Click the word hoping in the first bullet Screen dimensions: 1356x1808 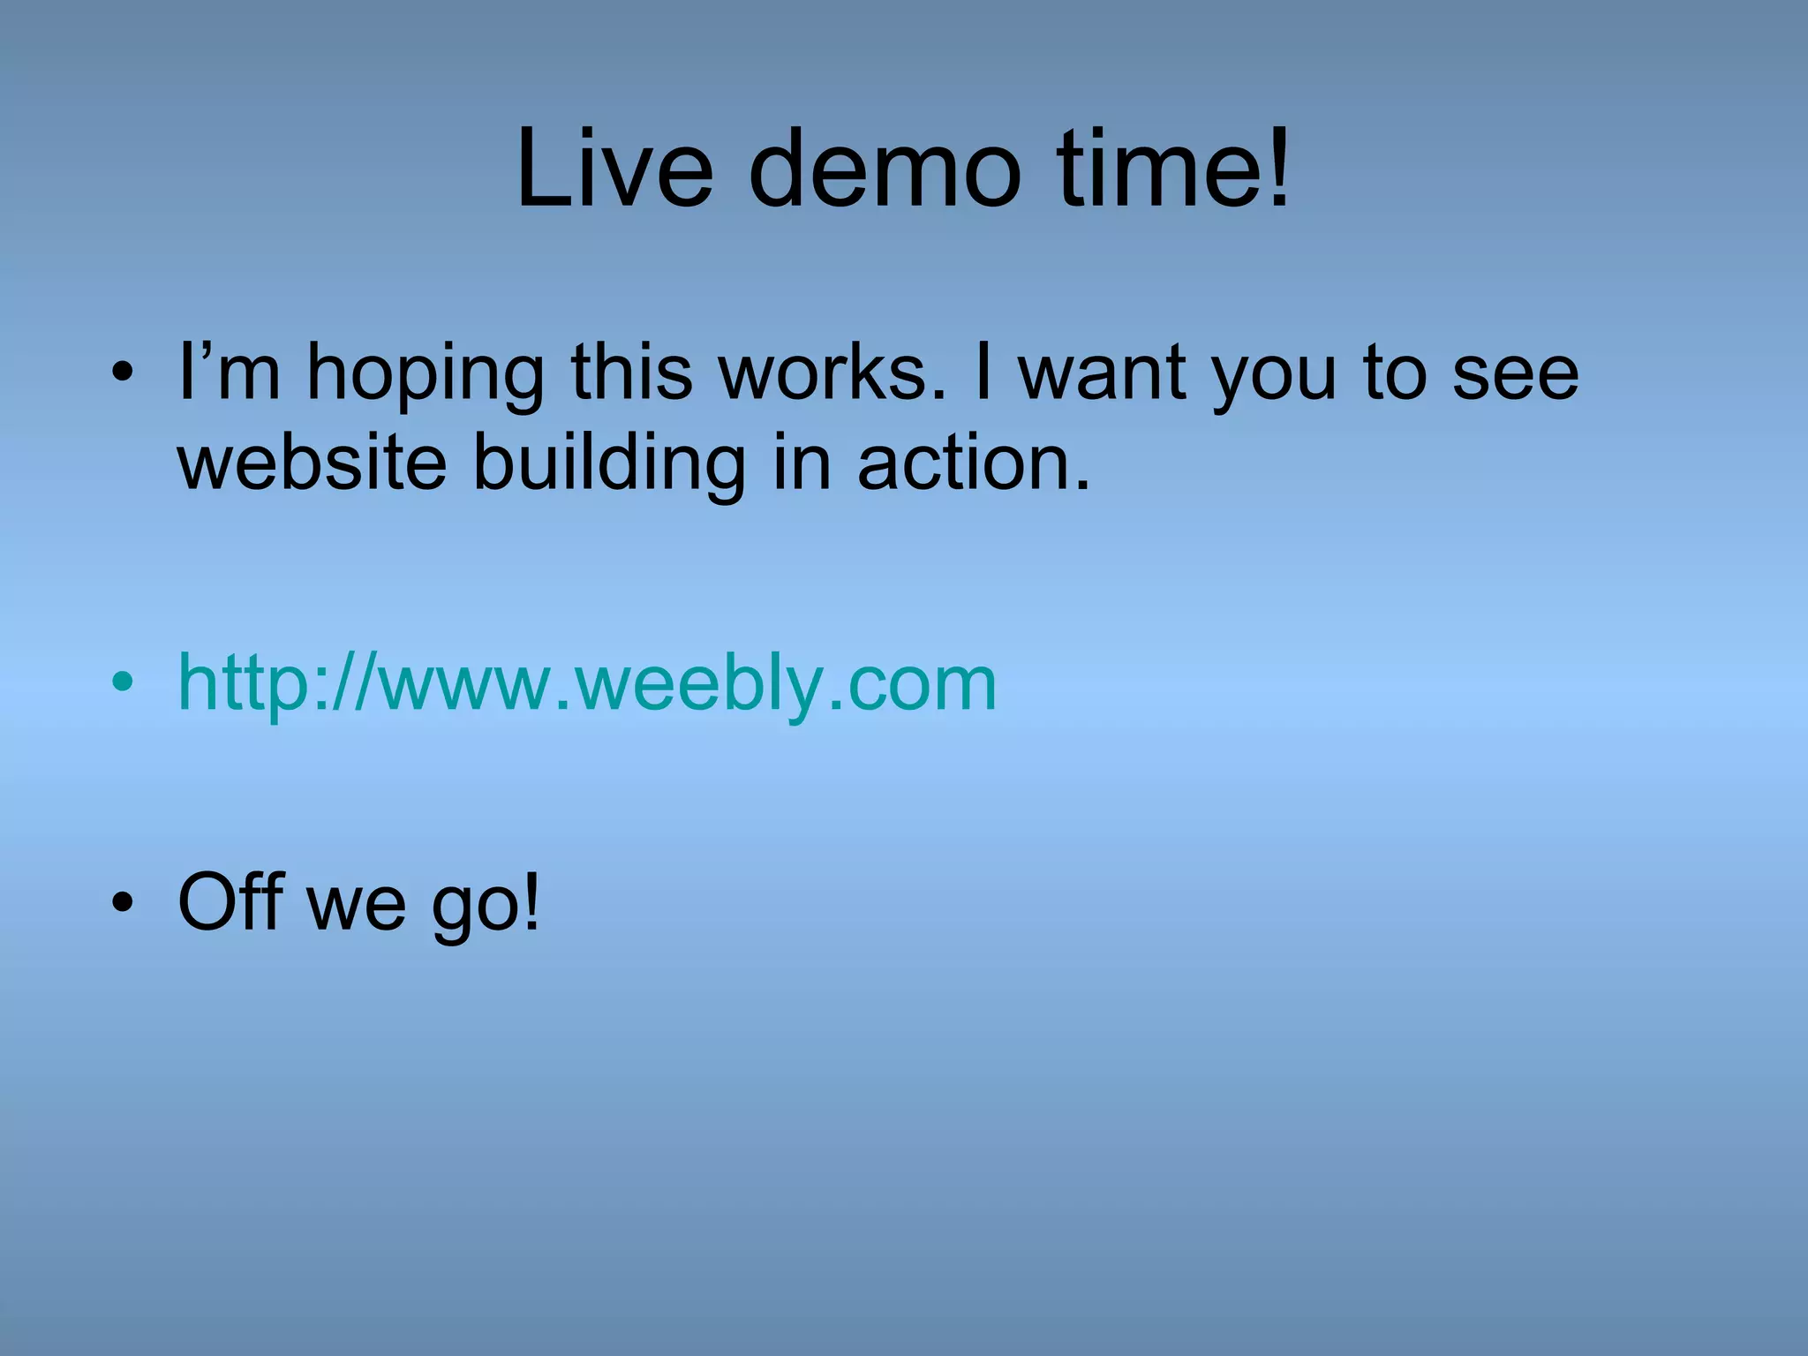[x=425, y=374]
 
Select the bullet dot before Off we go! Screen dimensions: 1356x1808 [x=123, y=901]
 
